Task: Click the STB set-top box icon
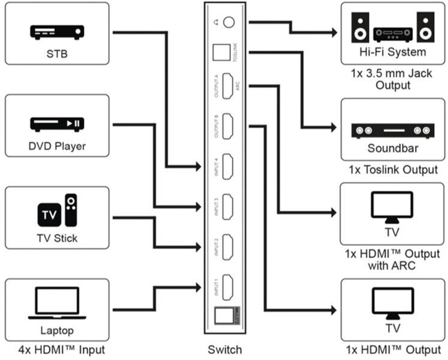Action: tap(57, 32)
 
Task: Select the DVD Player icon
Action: tap(57, 123)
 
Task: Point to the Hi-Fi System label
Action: tap(393, 52)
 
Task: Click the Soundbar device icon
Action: tap(393, 130)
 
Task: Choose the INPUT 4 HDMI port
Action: tap(227, 166)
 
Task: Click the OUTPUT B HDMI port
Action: tap(227, 126)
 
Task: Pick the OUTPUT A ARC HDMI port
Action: tap(227, 86)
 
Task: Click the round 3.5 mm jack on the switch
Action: tap(228, 23)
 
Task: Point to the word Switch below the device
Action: tap(224, 350)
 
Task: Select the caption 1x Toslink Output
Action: tap(393, 170)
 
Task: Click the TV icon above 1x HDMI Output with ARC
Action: tap(393, 206)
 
